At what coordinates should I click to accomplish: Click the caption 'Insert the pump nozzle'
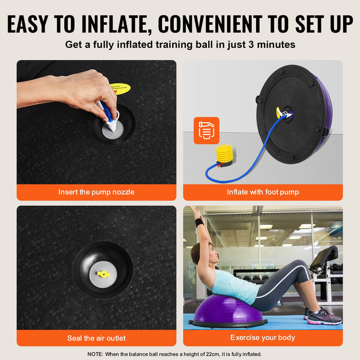[96, 192]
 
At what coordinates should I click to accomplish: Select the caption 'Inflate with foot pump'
[263, 192]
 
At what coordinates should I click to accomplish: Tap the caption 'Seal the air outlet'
[96, 338]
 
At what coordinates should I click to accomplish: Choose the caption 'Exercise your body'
[263, 338]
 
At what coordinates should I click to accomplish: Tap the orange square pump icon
[206, 131]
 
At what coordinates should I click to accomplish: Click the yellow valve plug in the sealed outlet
[103, 274]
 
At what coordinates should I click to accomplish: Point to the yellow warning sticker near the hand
[120, 89]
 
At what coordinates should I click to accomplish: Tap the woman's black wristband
[199, 223]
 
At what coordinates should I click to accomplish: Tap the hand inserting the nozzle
[82, 90]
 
